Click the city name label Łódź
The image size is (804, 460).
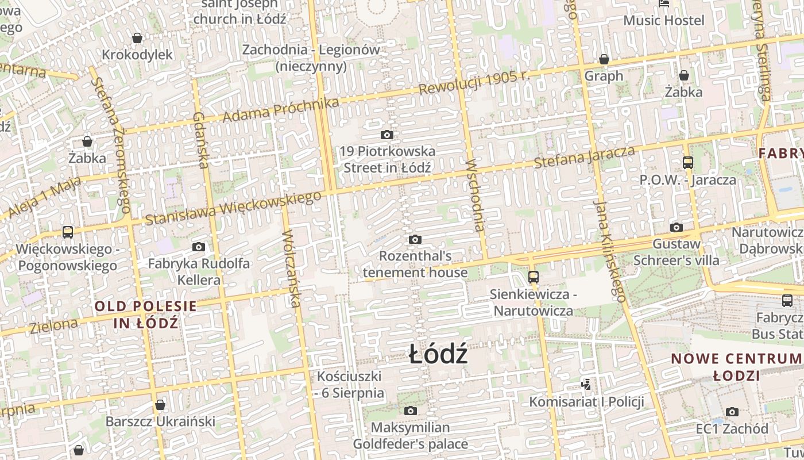438,354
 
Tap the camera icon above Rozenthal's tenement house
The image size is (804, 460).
415,239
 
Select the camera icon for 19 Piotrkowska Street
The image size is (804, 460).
387,135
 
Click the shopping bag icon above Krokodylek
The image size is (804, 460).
137,39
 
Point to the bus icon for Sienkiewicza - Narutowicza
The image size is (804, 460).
533,277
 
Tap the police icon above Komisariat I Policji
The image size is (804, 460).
586,384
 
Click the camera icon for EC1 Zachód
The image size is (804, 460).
732,412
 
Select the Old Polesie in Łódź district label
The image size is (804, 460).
146,315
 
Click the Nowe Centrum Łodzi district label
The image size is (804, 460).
736,367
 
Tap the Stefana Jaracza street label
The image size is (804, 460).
585,157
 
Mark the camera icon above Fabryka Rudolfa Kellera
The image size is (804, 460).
199,247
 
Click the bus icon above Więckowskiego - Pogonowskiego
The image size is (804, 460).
68,232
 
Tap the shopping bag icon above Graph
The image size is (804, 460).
604,59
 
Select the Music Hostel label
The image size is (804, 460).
663,21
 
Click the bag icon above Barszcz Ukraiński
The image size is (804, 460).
160,405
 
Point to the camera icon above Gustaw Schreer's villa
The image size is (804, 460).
677,227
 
